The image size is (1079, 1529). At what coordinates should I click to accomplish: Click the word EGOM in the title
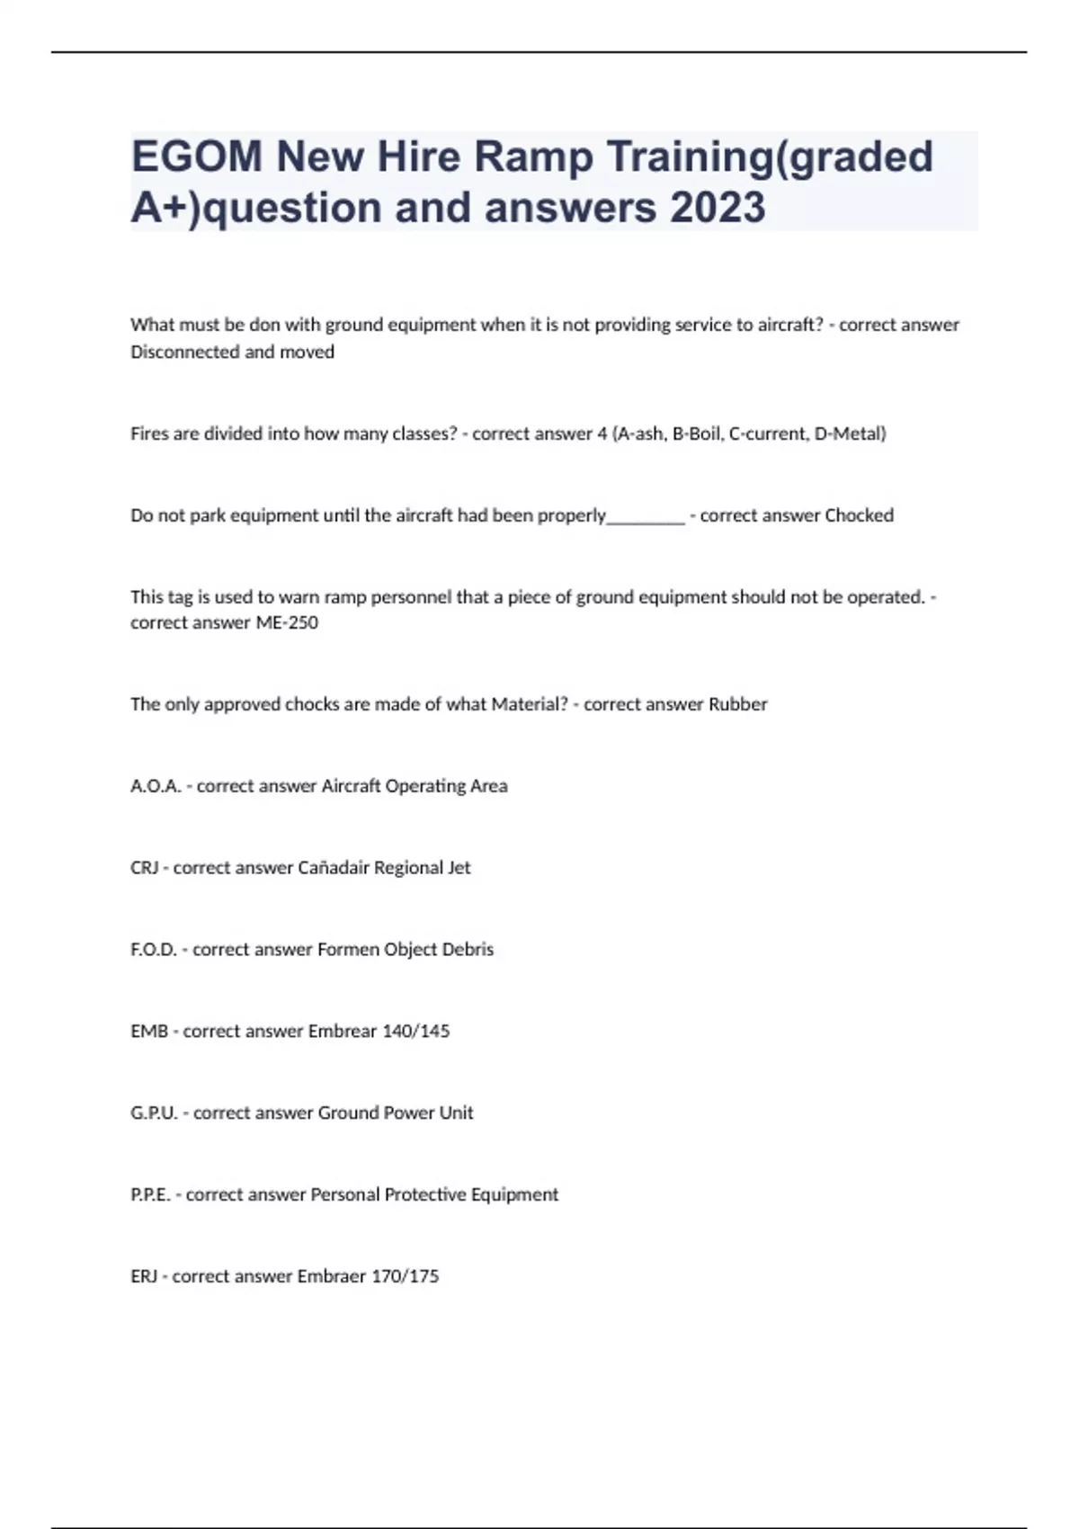[x=197, y=157]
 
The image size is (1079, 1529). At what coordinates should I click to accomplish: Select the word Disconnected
[x=184, y=353]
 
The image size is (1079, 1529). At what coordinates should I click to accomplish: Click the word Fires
[x=149, y=434]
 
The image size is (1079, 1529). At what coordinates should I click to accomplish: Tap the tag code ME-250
[x=287, y=622]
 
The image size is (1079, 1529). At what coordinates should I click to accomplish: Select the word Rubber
[x=737, y=704]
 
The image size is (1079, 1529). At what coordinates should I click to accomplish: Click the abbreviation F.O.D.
[x=154, y=950]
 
